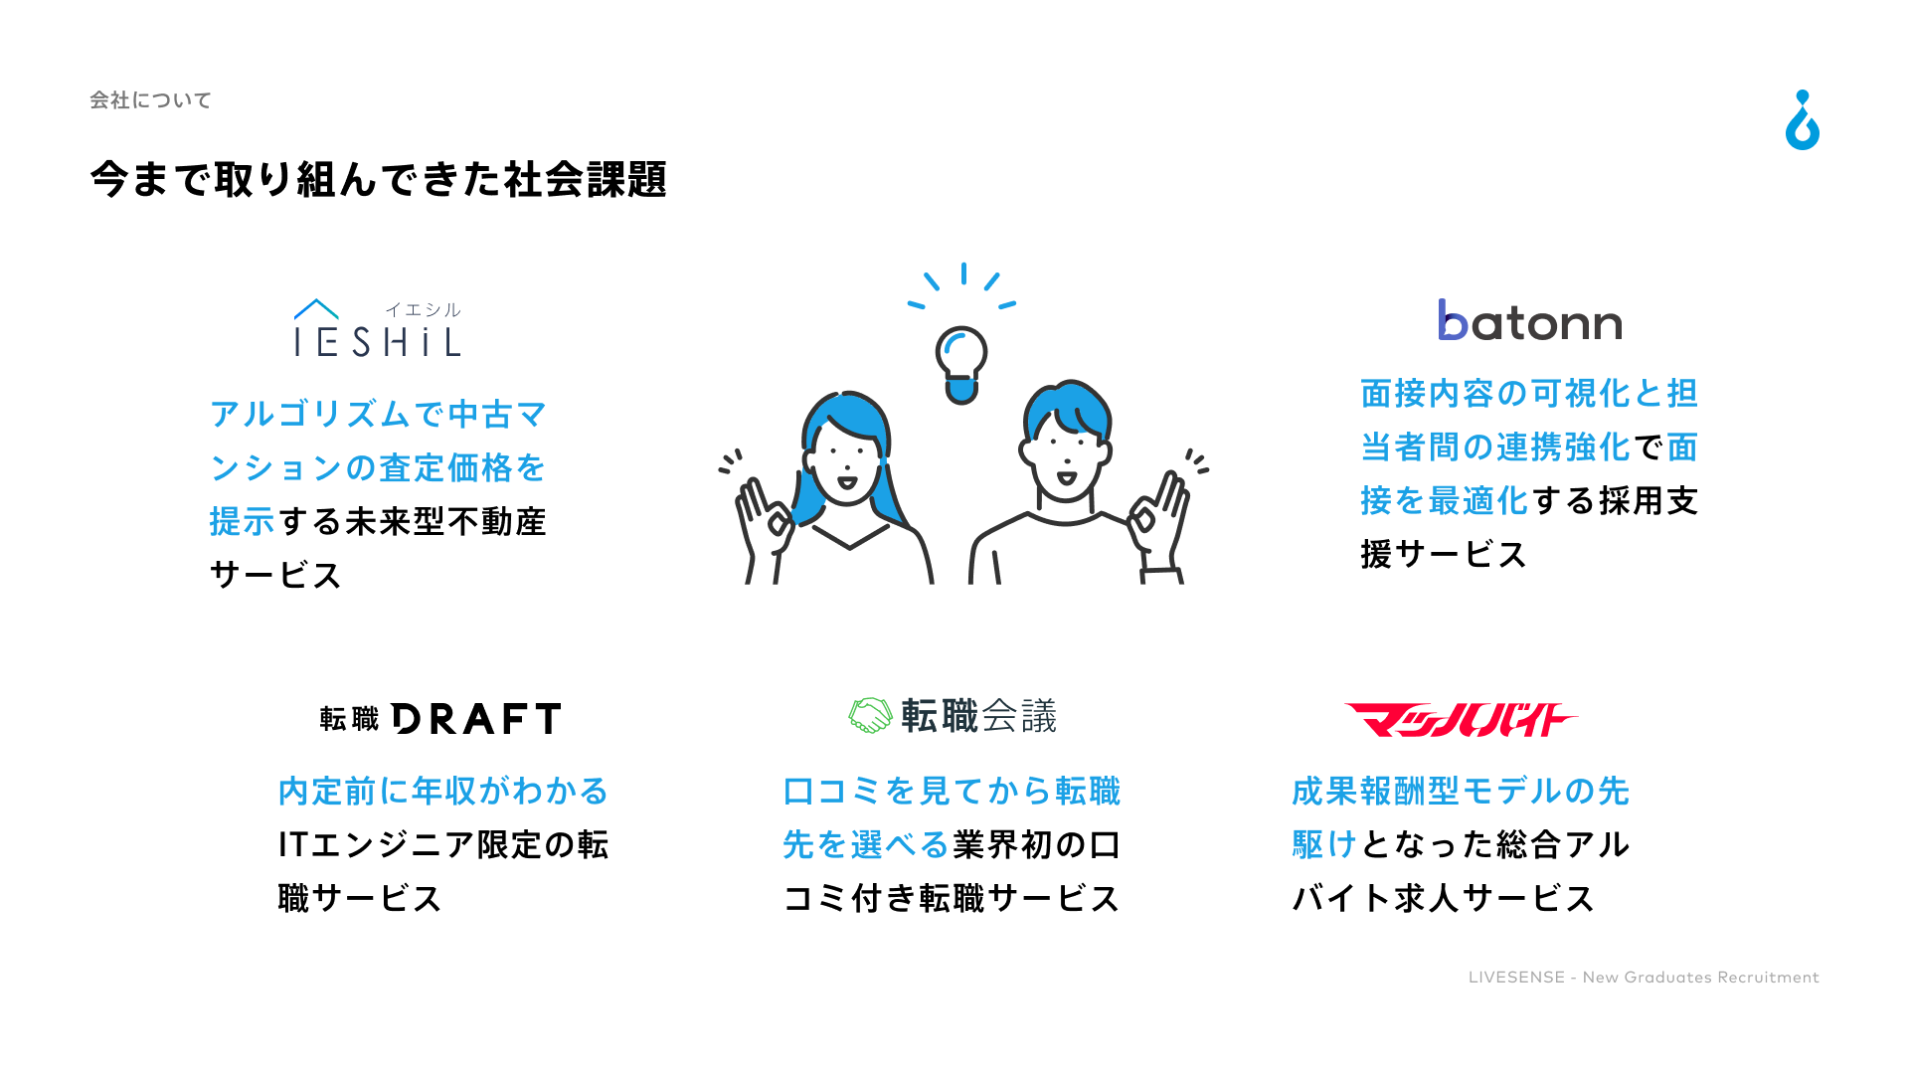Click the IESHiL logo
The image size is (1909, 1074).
pyautogui.click(x=378, y=328)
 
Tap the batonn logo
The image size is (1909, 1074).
pyautogui.click(x=1530, y=320)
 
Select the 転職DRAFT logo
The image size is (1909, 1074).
pyautogui.click(x=440, y=718)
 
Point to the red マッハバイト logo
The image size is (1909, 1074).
pyautogui.click(x=1460, y=720)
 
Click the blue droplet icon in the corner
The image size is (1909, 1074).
pyautogui.click(x=1803, y=120)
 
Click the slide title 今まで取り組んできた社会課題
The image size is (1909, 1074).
pyautogui.click(x=378, y=180)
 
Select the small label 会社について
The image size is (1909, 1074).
pyautogui.click(x=150, y=100)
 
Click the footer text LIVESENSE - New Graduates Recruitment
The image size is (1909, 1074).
pyautogui.click(x=1644, y=978)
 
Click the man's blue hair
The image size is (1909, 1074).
pyautogui.click(x=1068, y=408)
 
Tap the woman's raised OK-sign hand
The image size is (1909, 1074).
pyautogui.click(x=763, y=517)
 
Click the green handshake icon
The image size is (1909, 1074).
pyautogui.click(x=870, y=716)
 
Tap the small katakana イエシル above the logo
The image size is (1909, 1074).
pyautogui.click(x=423, y=310)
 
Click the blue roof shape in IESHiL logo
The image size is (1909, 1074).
pyautogui.click(x=316, y=309)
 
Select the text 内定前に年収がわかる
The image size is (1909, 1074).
pyautogui.click(x=443, y=792)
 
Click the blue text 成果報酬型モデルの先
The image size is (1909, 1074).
pyautogui.click(x=1461, y=792)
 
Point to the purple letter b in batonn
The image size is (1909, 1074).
pyautogui.click(x=1453, y=320)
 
